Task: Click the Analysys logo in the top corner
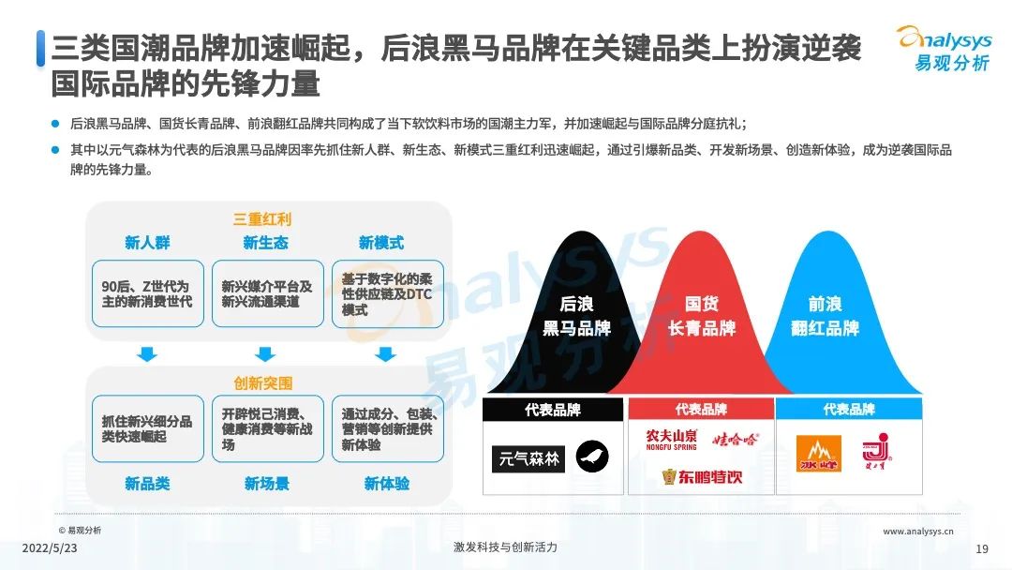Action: coord(945,49)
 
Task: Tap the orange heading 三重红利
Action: coord(262,218)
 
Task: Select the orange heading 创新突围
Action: coord(262,382)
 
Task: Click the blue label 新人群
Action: coord(147,243)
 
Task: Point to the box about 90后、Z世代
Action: coord(148,293)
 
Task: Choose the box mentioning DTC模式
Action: coord(388,293)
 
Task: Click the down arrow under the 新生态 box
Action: coord(265,353)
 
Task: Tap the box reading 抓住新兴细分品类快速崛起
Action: coord(148,428)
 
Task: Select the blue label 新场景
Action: coord(266,484)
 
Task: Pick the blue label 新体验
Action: coord(387,484)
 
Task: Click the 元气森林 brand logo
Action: coord(528,459)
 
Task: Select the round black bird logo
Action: coord(592,457)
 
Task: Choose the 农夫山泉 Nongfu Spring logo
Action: coord(671,440)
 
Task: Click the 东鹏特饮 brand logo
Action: coord(702,477)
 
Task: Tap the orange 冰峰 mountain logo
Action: coord(818,453)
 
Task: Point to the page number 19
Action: coord(982,548)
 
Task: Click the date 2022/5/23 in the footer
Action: coord(50,548)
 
